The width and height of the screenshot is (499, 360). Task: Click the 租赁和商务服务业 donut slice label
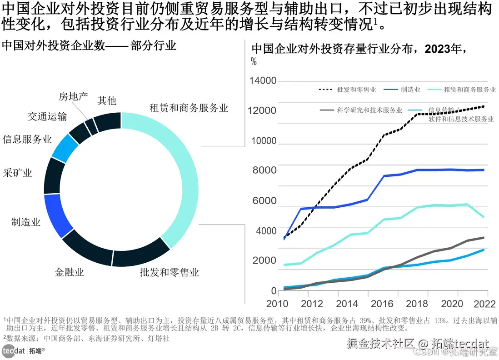tap(189, 108)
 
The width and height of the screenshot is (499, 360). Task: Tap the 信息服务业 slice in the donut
tap(65, 148)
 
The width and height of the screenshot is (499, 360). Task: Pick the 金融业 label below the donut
tap(69, 272)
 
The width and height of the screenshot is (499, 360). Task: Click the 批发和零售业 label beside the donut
tap(169, 272)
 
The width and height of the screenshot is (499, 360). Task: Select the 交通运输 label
tap(47, 116)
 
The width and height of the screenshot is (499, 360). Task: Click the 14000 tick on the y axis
tap(263, 81)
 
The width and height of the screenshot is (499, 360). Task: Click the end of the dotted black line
tap(484, 106)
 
